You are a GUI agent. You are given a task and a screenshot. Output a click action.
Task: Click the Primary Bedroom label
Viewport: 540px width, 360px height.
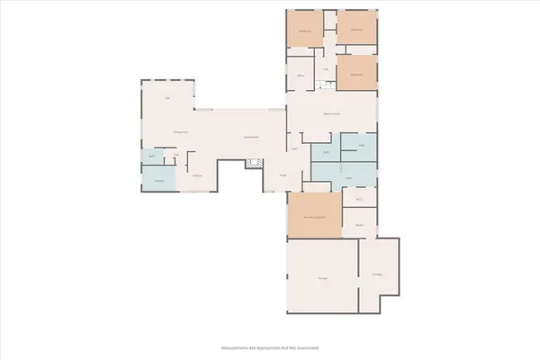point(314,217)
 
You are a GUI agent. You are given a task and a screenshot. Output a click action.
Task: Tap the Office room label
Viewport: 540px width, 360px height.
point(301,76)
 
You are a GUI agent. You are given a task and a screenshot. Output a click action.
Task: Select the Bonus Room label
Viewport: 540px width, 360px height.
point(331,114)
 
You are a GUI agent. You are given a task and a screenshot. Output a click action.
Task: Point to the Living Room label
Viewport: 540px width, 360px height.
point(251,137)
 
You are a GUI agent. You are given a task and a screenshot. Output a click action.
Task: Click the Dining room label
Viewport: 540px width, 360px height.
point(180,131)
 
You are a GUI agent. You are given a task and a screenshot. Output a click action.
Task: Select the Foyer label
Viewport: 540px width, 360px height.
point(282,175)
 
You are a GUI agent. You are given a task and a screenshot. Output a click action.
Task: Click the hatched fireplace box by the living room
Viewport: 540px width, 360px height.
point(255,163)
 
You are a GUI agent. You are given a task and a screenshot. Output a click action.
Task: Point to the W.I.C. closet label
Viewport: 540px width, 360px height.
point(359,198)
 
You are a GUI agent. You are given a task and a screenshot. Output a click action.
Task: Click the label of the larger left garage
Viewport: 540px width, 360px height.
point(322,279)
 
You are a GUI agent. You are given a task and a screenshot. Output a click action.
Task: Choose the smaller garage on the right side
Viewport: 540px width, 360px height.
point(377,274)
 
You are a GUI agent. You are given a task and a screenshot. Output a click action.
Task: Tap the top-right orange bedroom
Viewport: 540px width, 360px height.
point(356,30)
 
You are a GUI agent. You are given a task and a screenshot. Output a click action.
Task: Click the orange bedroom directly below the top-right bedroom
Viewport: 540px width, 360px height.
point(355,76)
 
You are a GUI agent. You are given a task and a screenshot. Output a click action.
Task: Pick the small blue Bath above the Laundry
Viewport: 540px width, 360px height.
point(151,156)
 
